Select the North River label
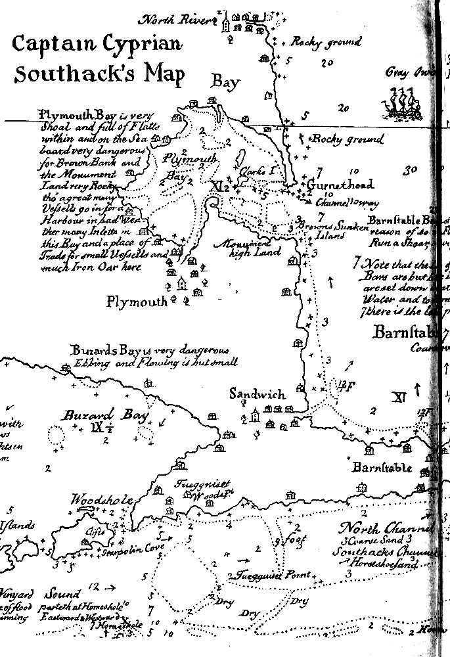179,20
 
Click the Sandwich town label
257,394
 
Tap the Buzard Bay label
97,415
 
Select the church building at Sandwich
255,415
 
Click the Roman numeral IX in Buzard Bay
98,428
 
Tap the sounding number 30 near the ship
411,170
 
